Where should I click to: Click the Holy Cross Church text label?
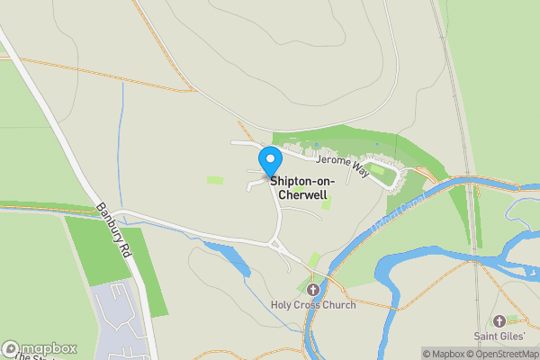[x=313, y=305]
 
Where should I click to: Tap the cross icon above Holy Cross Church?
[x=313, y=290]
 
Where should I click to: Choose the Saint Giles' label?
[x=501, y=337]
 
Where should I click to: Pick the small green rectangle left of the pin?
[x=215, y=180]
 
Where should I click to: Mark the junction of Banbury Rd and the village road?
[x=117, y=214]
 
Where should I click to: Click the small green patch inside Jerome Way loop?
[x=377, y=170]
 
